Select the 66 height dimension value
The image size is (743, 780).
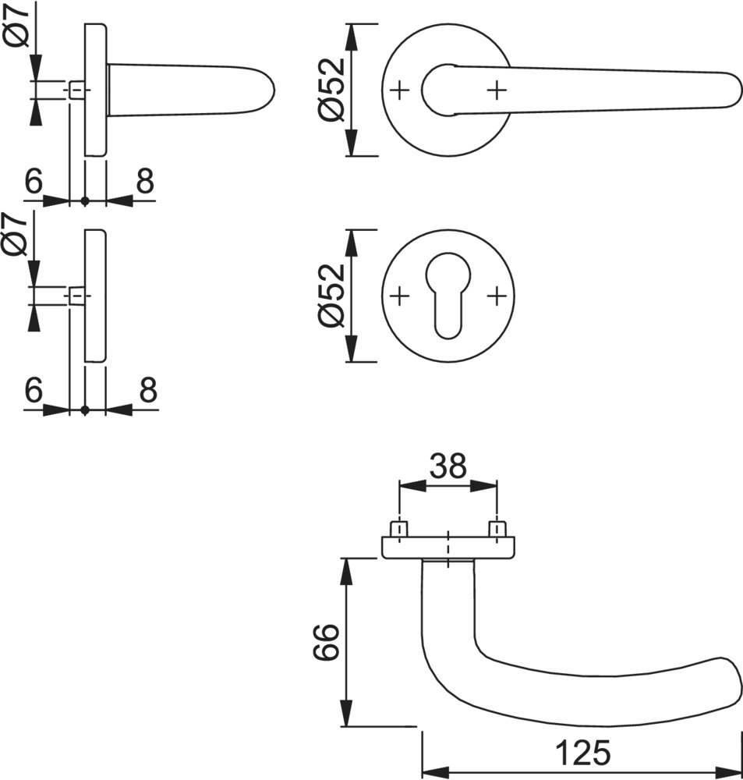coord(327,642)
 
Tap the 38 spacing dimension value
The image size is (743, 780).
coord(448,466)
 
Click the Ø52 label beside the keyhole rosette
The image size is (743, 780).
coord(331,296)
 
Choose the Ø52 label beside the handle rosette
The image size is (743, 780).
coord(331,90)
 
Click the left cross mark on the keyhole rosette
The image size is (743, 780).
coord(399,296)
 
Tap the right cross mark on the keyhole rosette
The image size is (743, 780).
coord(496,296)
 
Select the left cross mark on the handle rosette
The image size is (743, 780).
coord(399,90)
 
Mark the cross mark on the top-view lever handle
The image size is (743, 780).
coord(496,90)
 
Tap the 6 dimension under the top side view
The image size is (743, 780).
coord(34,183)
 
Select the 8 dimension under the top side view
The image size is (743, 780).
coord(145,183)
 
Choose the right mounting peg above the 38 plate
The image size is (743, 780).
coord(496,529)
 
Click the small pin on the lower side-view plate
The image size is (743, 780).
coord(76,296)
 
